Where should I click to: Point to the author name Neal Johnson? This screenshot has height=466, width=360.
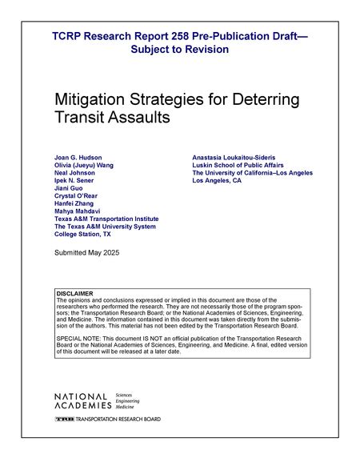(x=74, y=172)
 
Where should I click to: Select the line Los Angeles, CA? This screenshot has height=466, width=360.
(x=217, y=180)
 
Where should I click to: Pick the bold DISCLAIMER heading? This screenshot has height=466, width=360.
(x=75, y=294)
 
